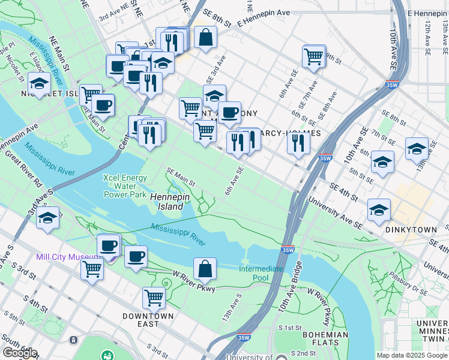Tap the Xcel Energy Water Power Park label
(x=125, y=186)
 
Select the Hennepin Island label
(x=167, y=202)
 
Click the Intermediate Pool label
(x=261, y=274)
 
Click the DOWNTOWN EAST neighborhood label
(x=148, y=316)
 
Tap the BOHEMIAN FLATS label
(x=325, y=340)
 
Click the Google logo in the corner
(x=19, y=353)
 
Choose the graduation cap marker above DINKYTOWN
(x=378, y=211)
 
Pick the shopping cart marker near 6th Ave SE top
(x=314, y=56)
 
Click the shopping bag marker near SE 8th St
(x=205, y=37)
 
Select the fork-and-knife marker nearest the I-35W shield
(x=298, y=143)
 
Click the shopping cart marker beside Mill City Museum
(x=92, y=268)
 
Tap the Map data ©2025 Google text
(x=411, y=355)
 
